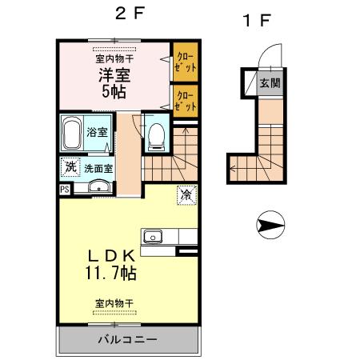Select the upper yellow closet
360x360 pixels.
click(186, 63)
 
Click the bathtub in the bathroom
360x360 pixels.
click(70, 134)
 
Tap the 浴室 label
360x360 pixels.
click(98, 132)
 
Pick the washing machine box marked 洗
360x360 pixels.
click(70, 168)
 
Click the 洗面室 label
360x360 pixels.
click(99, 169)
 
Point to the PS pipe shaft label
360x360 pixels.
click(64, 190)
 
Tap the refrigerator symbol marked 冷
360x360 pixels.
click(186, 194)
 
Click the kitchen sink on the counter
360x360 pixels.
click(152, 236)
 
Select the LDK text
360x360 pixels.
click(111, 256)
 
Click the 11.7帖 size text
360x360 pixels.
click(111, 274)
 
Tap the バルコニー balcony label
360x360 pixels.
click(127, 339)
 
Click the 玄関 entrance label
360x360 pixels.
click(268, 82)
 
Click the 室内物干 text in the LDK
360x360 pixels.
click(114, 303)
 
